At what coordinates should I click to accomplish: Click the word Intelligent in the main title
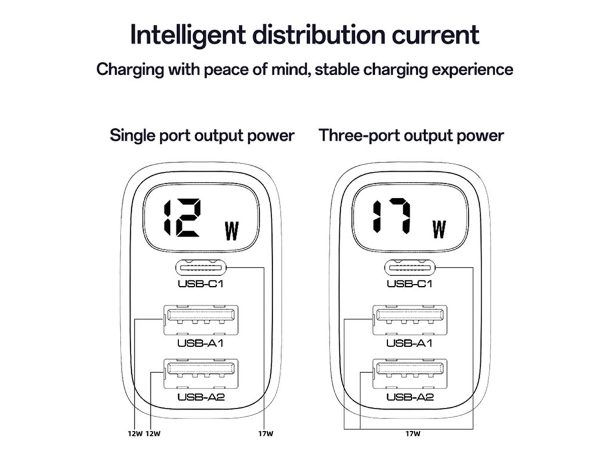(186, 35)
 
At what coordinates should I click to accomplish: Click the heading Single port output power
(202, 135)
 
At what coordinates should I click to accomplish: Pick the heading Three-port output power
(411, 135)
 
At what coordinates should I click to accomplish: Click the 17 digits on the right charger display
(391, 218)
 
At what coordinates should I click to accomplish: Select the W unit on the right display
(439, 230)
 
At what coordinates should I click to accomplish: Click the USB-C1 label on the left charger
(200, 284)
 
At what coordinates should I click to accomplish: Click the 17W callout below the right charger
(412, 434)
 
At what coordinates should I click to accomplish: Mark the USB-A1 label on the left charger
(200, 343)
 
